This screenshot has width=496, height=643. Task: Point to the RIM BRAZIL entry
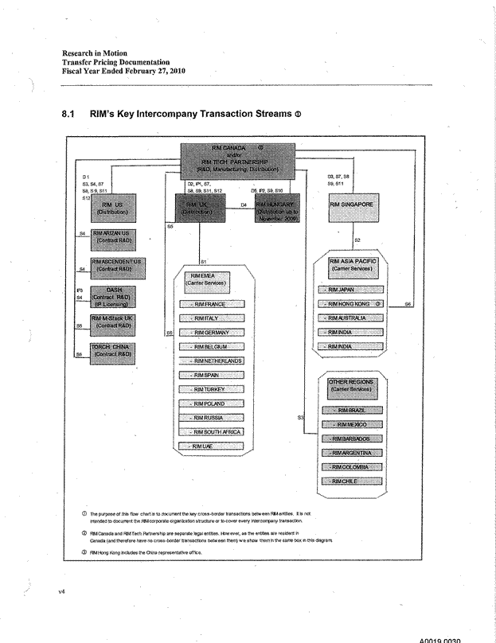[x=353, y=410]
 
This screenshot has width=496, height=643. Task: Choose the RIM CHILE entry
[x=353, y=481]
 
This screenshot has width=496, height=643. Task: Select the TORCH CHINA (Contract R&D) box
[x=112, y=350]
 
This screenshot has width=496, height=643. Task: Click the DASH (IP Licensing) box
[x=112, y=296]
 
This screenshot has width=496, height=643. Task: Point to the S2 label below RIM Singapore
[x=357, y=240]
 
